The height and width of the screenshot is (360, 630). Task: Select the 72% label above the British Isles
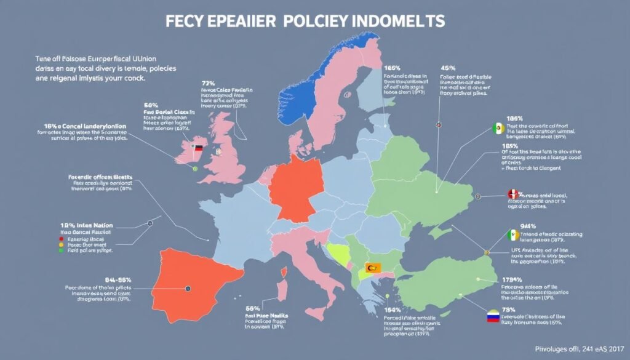[x=208, y=82]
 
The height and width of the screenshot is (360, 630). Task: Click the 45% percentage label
[x=448, y=68]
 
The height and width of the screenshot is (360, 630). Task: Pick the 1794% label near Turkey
[x=512, y=280]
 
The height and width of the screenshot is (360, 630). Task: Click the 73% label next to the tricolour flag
[x=508, y=309]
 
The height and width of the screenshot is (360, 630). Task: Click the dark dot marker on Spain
[x=187, y=288]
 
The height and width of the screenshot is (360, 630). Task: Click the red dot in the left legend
[x=62, y=237]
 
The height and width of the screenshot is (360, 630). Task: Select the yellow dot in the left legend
[x=62, y=244]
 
